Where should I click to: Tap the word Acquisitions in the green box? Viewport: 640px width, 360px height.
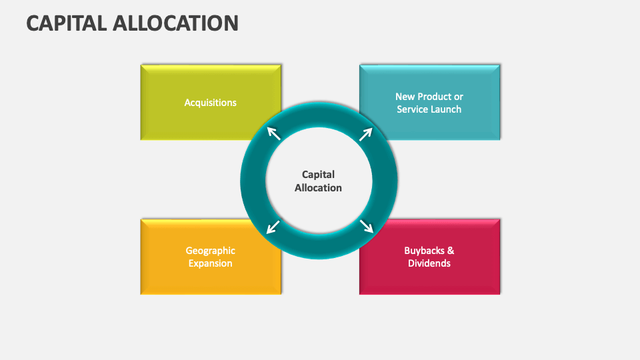coord(211,103)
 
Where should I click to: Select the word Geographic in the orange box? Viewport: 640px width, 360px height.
coord(211,251)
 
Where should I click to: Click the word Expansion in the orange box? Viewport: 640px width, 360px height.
coord(211,263)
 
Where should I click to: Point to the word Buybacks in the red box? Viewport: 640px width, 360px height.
coord(423,251)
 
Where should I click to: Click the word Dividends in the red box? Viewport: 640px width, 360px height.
coord(429,263)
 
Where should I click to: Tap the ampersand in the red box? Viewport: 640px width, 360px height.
coord(451,251)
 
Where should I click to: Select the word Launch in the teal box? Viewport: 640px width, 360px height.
coord(445,109)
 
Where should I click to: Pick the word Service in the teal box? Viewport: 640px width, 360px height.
coord(413,109)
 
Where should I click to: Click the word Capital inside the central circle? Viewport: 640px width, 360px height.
coord(319,175)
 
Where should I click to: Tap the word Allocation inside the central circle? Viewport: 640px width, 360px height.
coord(319,188)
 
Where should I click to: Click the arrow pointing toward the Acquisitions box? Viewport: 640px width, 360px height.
coord(274,133)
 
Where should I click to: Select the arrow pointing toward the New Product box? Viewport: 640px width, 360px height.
coord(365,134)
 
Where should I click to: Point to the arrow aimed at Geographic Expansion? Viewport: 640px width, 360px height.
coord(273,227)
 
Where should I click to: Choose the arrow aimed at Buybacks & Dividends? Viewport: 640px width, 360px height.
coord(366,226)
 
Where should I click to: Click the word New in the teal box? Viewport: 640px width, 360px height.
coord(405,97)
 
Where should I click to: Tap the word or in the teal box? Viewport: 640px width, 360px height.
coord(459,97)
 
